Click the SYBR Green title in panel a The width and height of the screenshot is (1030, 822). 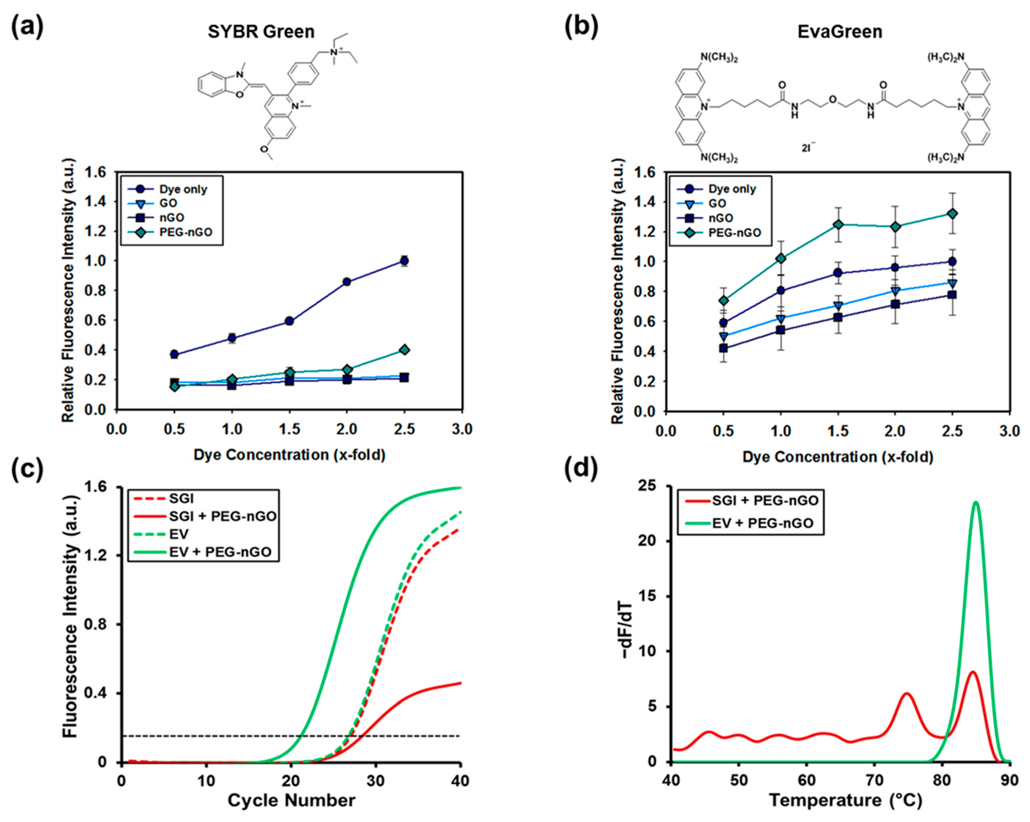(x=261, y=32)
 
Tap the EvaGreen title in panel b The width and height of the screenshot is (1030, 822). (x=839, y=32)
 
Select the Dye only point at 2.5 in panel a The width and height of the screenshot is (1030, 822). (x=404, y=261)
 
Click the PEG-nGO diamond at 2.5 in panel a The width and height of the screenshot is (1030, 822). (x=404, y=350)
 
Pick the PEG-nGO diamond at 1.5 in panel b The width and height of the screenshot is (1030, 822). (x=838, y=224)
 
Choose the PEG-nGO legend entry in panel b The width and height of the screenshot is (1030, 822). (x=734, y=233)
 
